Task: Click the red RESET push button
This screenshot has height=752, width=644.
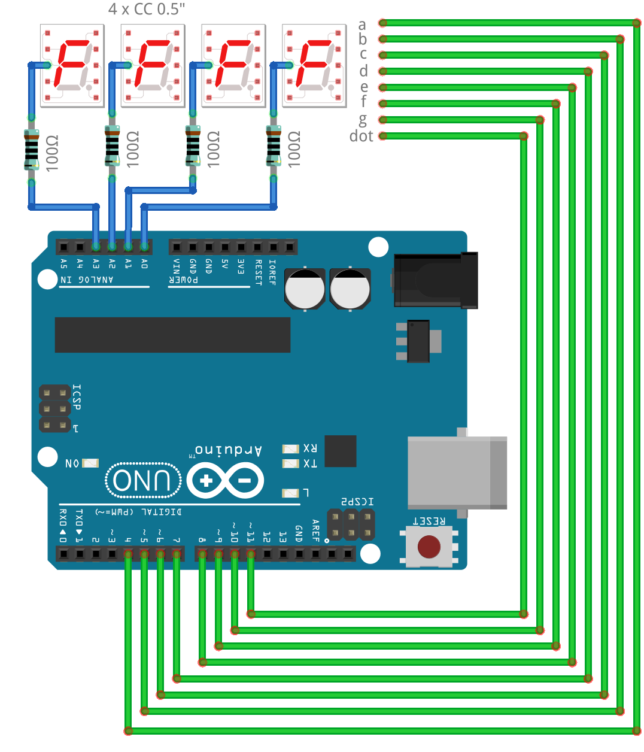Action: point(429,546)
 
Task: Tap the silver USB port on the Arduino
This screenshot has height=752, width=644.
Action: point(456,473)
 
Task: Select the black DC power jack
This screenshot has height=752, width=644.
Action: point(436,280)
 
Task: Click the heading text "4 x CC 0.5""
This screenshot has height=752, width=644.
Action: point(147,9)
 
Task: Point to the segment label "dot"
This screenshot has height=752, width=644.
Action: point(361,137)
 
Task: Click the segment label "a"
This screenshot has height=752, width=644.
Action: point(362,25)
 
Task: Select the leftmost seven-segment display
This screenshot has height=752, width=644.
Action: point(72,65)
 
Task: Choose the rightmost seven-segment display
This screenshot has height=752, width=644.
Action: point(314,65)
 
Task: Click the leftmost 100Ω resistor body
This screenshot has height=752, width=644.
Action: point(31,150)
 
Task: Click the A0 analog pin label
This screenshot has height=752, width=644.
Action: point(144,263)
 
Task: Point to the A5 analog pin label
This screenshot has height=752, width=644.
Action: point(64,263)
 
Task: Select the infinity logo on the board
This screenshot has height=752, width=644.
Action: point(225,480)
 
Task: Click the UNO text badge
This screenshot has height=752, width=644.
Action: point(142,480)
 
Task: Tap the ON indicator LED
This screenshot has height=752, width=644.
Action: point(90,463)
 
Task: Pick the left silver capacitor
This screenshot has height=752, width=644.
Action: point(305,289)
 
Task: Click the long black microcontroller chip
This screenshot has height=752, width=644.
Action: point(172,335)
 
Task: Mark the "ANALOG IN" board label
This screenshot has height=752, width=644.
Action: point(87,280)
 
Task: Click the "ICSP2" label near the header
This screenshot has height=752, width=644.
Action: point(357,501)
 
